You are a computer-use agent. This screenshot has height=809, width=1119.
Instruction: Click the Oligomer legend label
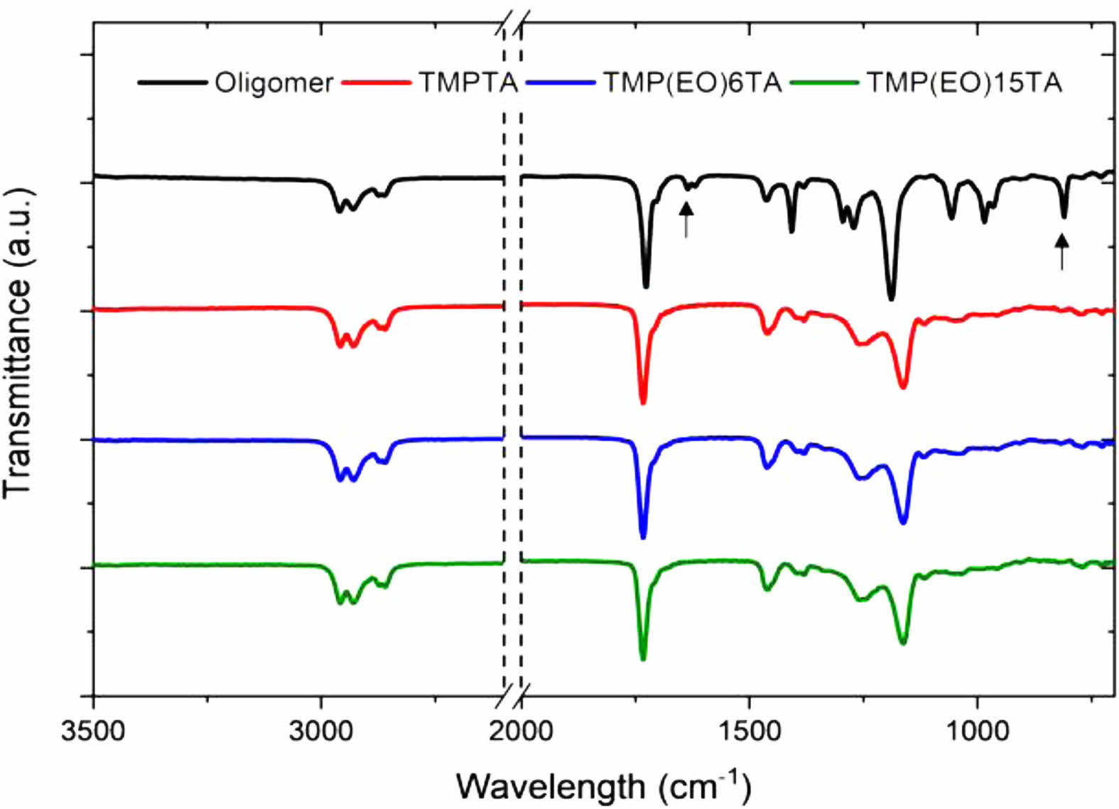point(274,83)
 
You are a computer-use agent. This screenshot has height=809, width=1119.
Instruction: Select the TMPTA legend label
point(467,83)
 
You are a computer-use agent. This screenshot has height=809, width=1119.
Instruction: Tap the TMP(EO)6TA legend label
point(693,83)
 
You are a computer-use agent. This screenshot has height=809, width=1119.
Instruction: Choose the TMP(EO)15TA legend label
point(964,83)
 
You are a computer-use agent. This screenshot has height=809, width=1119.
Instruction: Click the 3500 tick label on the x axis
point(93,730)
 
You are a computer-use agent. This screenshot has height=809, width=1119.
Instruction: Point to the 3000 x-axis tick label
point(321,730)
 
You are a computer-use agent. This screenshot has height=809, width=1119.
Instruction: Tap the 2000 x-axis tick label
point(521,730)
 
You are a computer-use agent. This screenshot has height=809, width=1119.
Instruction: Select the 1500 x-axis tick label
point(749,730)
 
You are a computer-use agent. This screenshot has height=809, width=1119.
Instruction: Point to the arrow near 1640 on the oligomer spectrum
point(686,219)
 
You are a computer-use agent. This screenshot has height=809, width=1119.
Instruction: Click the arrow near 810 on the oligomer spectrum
point(1061,251)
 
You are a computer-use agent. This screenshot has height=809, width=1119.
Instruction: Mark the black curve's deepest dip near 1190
point(892,298)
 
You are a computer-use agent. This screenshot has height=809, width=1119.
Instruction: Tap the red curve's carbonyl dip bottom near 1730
point(643,402)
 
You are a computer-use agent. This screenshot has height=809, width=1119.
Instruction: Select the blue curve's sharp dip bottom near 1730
point(643,537)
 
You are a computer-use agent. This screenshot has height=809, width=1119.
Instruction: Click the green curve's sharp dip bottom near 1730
point(643,658)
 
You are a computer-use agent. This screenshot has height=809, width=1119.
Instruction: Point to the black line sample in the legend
point(172,83)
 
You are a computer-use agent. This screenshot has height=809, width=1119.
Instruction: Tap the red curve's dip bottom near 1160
point(903,386)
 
